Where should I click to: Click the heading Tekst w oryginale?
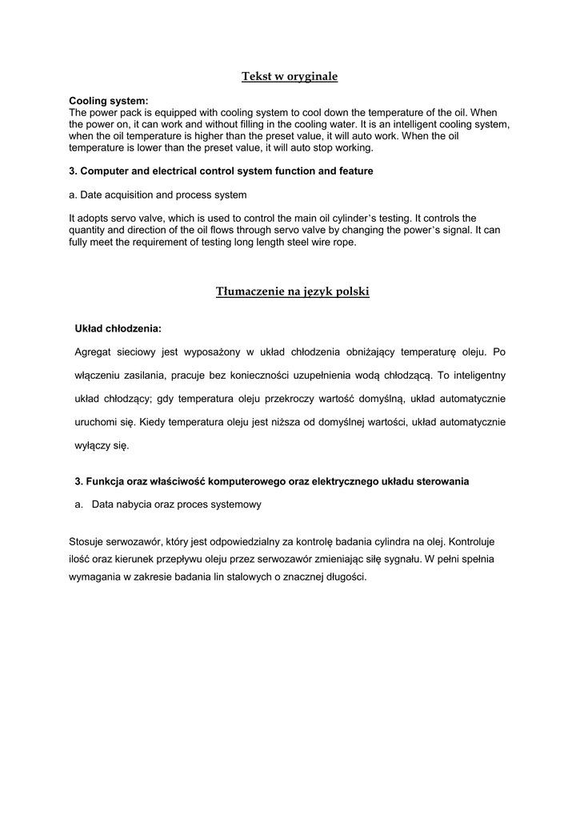tap(290, 77)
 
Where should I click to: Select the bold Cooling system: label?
tap(109, 101)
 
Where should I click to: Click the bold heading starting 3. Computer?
tap(221, 171)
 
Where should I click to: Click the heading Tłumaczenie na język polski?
tap(293, 292)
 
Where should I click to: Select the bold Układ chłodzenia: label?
tap(118, 328)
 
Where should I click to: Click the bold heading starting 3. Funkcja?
tap(271, 481)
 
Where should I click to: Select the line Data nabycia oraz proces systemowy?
tap(176, 505)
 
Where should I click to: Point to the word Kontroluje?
tap(477, 542)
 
